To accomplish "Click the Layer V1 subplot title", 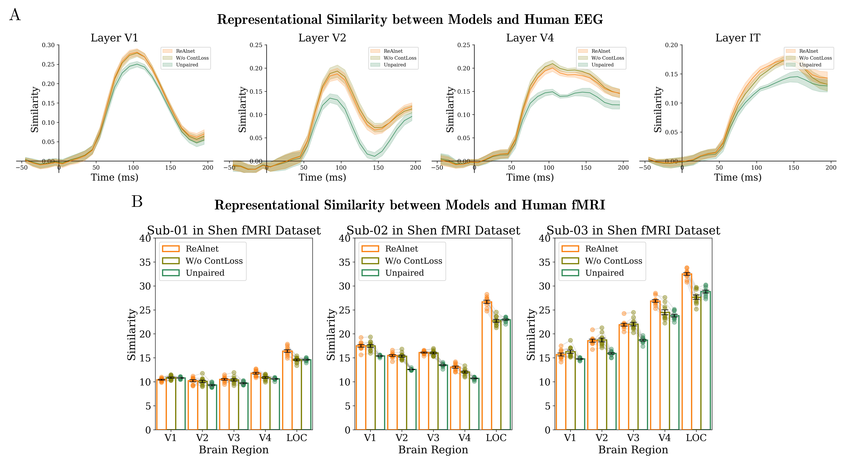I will [114, 38].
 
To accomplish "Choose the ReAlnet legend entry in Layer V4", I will [601, 51].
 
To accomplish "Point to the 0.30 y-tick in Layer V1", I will [48, 45].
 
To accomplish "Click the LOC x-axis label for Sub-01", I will [297, 438].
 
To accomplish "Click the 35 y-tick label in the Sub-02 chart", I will [344, 262].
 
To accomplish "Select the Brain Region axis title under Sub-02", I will [433, 450].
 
